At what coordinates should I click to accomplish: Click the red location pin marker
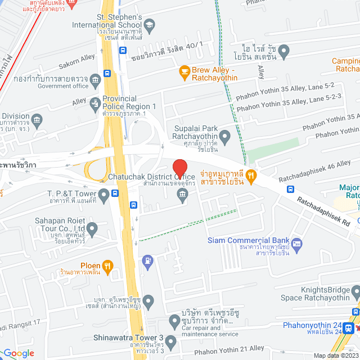(179, 168)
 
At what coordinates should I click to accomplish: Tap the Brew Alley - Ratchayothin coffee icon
(183, 71)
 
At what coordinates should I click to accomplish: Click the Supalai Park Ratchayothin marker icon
(224, 136)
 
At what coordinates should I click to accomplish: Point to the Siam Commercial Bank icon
(296, 244)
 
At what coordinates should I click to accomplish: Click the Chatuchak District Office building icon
(182, 195)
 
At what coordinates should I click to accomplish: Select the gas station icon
(147, 260)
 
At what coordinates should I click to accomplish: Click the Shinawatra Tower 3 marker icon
(171, 342)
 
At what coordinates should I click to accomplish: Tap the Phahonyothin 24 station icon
(349, 327)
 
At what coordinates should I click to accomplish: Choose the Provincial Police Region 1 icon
(96, 102)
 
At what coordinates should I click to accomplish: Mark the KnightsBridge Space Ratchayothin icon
(355, 291)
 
